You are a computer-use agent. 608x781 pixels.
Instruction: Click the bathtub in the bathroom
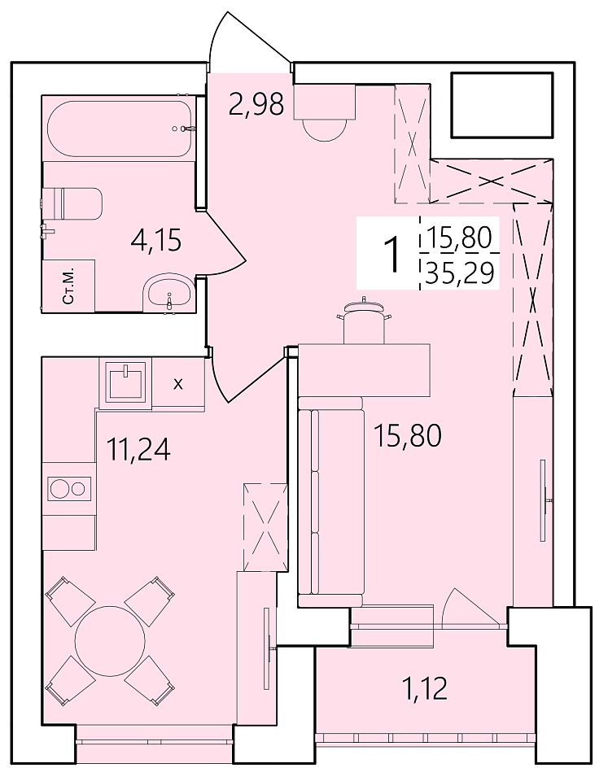pyautogui.click(x=119, y=129)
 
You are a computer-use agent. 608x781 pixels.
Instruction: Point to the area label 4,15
pyautogui.click(x=156, y=241)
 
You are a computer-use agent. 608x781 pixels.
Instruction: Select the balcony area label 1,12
pyautogui.click(x=425, y=688)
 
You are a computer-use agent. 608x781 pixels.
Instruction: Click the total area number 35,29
pyautogui.click(x=460, y=273)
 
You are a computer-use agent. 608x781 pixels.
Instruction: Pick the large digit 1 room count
pyautogui.click(x=393, y=254)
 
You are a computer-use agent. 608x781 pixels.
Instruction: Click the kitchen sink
pyautogui.click(x=127, y=382)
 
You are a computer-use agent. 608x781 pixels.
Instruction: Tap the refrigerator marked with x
pyautogui.click(x=178, y=383)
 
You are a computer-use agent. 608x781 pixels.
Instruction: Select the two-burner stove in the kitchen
pyautogui.click(x=69, y=487)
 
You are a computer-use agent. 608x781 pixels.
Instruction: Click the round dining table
pyautogui.click(x=110, y=640)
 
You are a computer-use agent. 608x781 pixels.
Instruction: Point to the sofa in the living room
pyautogui.click(x=331, y=501)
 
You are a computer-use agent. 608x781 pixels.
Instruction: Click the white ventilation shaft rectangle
pyautogui.click(x=502, y=105)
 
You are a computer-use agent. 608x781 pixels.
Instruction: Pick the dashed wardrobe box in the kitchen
pyautogui.click(x=265, y=527)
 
